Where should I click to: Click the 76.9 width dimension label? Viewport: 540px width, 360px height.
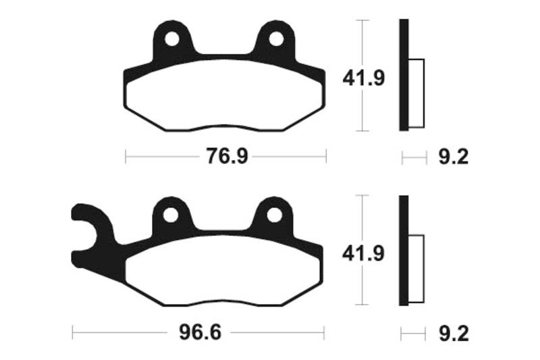click(x=225, y=157)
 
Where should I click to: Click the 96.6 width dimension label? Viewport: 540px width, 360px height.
click(x=198, y=333)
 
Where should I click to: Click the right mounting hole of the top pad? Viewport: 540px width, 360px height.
click(x=276, y=38)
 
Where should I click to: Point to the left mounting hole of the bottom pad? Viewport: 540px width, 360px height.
click(x=171, y=215)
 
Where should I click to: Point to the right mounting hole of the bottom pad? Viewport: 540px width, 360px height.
click(x=273, y=215)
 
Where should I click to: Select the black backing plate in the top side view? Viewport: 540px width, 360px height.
click(x=404, y=74)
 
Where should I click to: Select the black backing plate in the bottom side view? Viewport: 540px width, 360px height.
click(x=404, y=250)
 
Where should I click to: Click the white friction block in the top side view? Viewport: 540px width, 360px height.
click(x=416, y=93)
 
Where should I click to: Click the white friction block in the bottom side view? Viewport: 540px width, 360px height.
click(x=416, y=269)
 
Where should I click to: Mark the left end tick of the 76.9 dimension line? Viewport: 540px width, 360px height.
click(x=126, y=157)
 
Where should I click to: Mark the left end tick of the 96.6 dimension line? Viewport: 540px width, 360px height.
click(x=72, y=333)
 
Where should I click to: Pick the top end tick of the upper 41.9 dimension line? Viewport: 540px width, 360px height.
click(x=364, y=20)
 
